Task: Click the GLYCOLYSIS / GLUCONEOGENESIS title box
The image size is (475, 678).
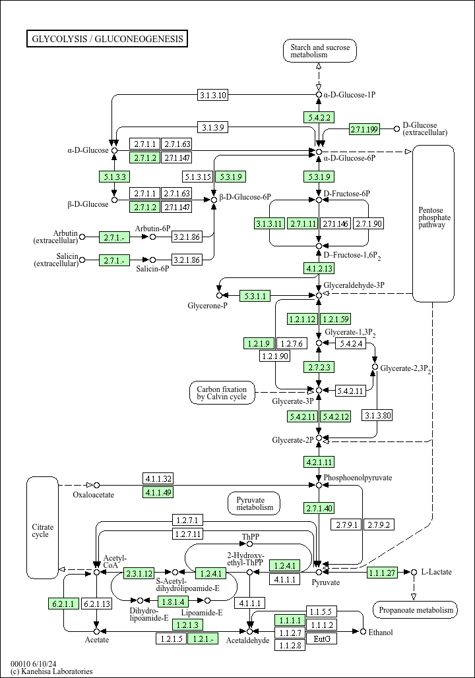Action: [x=107, y=38]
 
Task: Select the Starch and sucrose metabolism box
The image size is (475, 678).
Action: [x=320, y=51]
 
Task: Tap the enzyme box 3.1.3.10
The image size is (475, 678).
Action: [x=212, y=95]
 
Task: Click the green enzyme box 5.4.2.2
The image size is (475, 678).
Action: [x=319, y=117]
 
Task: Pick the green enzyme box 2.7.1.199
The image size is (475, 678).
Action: [x=365, y=129]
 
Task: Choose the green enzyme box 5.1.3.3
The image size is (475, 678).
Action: [x=114, y=177]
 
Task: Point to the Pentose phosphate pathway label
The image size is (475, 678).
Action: [x=434, y=217]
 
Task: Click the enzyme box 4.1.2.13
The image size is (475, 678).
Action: [x=319, y=269]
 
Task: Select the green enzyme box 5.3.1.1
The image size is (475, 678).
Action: [x=255, y=296]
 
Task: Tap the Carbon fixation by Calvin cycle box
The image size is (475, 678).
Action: [x=222, y=393]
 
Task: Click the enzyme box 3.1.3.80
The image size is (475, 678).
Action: [x=377, y=416]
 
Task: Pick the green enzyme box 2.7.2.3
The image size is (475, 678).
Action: [x=319, y=367]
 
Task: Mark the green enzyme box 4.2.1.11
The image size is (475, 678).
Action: [x=319, y=462]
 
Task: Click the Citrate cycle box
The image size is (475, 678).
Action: [x=42, y=528]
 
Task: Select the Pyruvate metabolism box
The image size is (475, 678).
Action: [x=254, y=504]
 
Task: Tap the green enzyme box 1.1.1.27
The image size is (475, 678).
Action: [x=382, y=573]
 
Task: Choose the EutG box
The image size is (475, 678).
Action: [x=322, y=638]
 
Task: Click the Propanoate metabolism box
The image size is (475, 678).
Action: [x=415, y=609]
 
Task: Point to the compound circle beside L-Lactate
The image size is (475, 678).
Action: [x=414, y=572]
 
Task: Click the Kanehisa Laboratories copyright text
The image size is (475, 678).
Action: [x=51, y=671]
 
